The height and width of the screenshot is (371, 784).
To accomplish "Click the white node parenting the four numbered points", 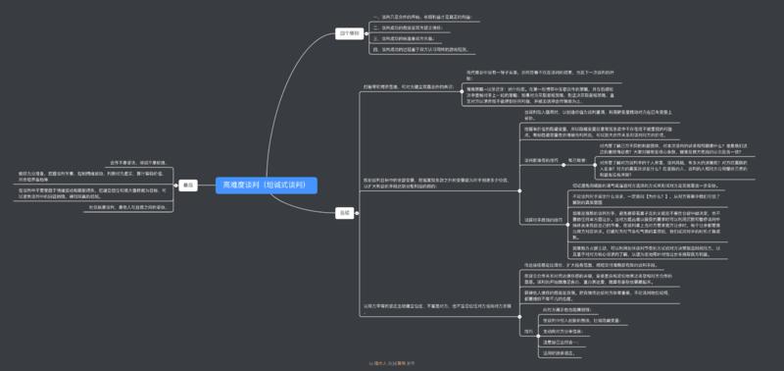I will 349,32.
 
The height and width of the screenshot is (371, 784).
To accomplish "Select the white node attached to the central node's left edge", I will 189,185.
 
